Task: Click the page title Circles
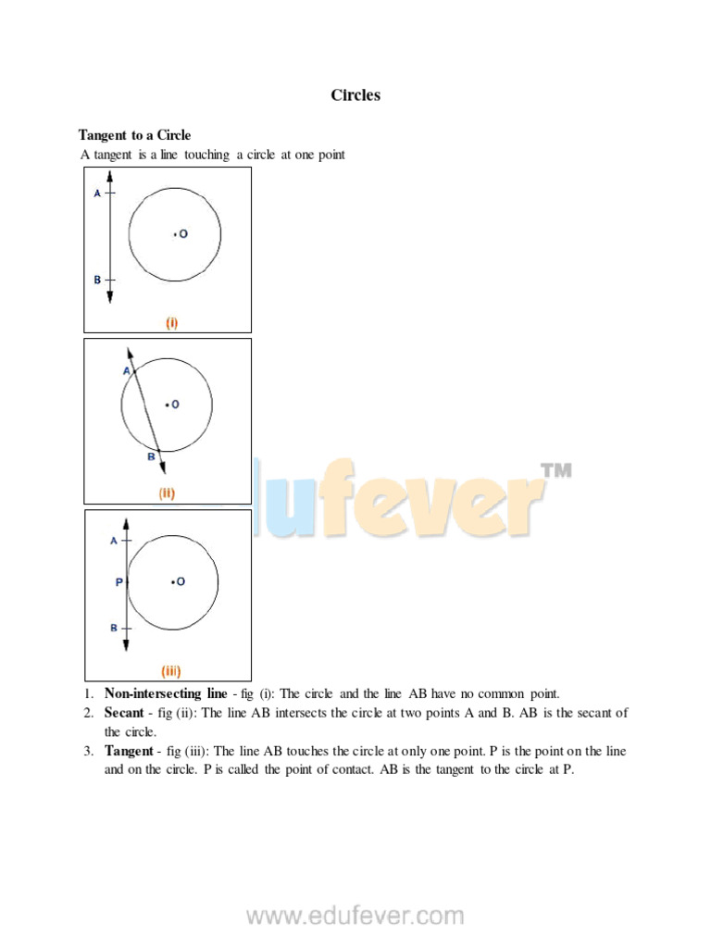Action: (355, 95)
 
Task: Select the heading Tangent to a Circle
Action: (134, 135)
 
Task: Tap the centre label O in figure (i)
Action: (183, 234)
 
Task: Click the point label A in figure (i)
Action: (97, 193)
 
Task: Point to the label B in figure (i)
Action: (97, 280)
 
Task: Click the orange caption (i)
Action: (171, 323)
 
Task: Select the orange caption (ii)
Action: (167, 493)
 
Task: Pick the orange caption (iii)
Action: (170, 671)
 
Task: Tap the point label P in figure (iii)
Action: (118, 582)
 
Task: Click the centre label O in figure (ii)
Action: (175, 404)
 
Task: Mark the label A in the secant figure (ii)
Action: (127, 370)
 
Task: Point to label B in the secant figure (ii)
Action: (151, 456)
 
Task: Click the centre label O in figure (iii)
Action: (181, 581)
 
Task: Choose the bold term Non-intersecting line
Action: (166, 693)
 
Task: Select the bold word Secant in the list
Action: (124, 713)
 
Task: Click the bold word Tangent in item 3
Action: (128, 751)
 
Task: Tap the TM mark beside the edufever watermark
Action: (555, 471)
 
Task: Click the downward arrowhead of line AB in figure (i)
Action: (109, 297)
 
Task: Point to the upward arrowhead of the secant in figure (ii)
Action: (129, 352)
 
